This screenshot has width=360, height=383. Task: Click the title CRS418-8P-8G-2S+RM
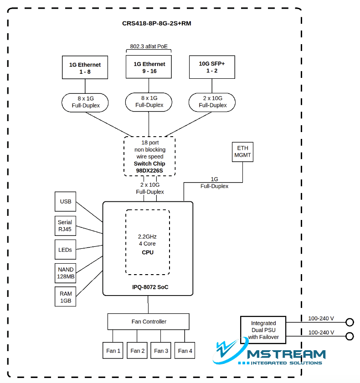pos(156,23)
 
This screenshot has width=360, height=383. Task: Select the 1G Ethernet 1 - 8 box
pos(85,68)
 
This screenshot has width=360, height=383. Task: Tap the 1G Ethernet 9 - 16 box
pos(149,67)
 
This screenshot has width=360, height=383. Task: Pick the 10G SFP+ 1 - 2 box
pos(212,67)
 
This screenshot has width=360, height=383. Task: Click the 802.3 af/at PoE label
pos(149,46)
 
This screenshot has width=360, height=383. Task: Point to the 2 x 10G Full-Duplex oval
pos(212,102)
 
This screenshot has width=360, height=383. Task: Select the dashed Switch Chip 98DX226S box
pos(149,156)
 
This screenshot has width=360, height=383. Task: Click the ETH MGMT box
pos(242,152)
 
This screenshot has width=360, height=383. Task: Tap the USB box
pos(66,201)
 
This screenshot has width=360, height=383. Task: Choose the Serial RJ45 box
pos(65,225)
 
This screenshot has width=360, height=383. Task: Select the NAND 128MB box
pos(66,273)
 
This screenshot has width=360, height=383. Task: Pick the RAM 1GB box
pos(66,297)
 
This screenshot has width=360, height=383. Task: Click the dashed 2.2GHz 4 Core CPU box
pos(148,242)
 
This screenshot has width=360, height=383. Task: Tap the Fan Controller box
pos(149,322)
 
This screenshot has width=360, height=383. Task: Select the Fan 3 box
pos(161,351)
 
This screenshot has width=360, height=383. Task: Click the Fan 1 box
pos(113,351)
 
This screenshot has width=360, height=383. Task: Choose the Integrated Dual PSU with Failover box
pos(263,330)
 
